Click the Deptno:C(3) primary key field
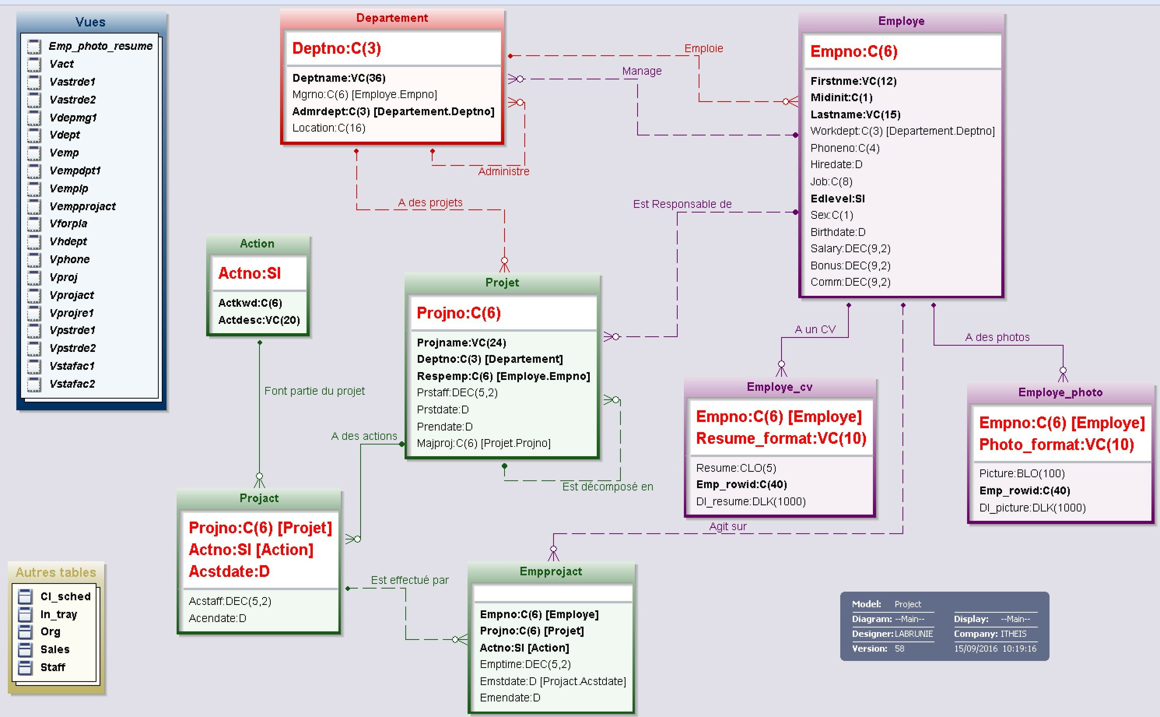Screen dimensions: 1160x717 [x=336, y=48]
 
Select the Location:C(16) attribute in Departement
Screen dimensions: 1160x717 [x=329, y=128]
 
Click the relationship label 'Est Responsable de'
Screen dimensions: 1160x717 [x=682, y=204]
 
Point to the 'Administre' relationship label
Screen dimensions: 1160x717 [x=504, y=171]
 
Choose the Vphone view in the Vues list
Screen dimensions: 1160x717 [x=70, y=259]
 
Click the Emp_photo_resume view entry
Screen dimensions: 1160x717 [x=100, y=46]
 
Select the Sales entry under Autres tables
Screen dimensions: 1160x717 [x=55, y=649]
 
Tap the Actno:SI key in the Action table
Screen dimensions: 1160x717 [x=250, y=273]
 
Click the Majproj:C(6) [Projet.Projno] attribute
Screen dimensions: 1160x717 [x=483, y=443]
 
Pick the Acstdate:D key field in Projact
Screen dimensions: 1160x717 [x=230, y=571]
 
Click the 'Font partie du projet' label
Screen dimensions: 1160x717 [x=315, y=391]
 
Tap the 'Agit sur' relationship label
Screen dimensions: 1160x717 [x=728, y=526]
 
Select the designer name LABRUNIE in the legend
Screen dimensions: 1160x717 [x=914, y=634]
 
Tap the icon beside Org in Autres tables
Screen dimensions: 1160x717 [x=25, y=632]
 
